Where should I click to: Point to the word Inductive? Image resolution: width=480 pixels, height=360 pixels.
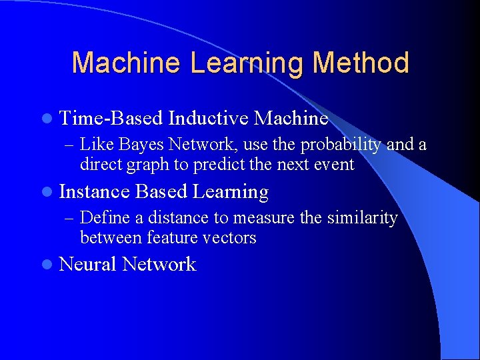coord(209,119)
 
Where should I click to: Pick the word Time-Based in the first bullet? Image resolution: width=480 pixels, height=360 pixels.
coord(111,119)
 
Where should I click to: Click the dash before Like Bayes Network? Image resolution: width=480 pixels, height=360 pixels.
coord(69,145)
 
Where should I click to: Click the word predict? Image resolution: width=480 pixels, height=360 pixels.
coord(219,164)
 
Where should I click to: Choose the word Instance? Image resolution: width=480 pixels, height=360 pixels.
coord(94,192)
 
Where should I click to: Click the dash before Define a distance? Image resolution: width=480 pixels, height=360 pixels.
coord(69,218)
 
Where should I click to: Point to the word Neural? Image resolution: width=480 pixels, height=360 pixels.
coord(88,265)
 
